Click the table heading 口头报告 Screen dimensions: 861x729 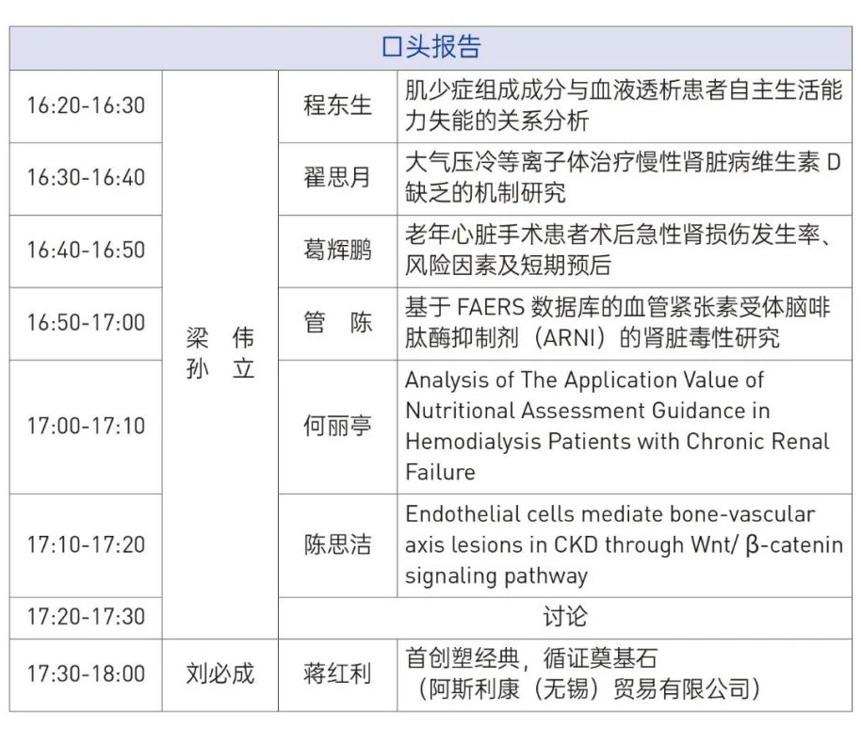(431, 47)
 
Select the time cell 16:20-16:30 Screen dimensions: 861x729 (87, 105)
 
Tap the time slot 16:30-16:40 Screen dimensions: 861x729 (87, 178)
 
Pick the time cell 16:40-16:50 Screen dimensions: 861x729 (87, 251)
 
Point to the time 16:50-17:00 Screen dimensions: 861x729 (87, 323)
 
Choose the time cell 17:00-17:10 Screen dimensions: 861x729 (87, 426)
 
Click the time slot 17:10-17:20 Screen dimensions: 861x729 (87, 544)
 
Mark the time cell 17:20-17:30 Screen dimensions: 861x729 (87, 617)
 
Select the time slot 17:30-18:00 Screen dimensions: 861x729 (87, 674)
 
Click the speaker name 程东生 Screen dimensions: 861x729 (337, 105)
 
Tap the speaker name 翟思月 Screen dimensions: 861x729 (337, 178)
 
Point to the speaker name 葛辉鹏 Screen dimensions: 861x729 (337, 251)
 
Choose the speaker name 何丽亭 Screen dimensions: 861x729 (337, 426)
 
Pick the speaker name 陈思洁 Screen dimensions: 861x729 (337, 544)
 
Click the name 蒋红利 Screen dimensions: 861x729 (337, 674)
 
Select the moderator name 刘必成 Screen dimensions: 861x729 (220, 674)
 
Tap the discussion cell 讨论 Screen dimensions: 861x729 (565, 617)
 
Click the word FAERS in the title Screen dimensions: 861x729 (491, 307)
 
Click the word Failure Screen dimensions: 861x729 (440, 473)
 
